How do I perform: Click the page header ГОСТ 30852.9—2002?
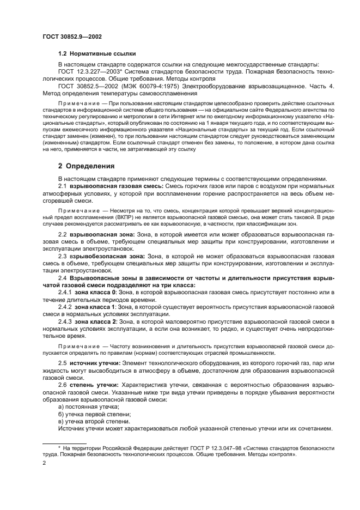[72, 37]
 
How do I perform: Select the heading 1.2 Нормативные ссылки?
[97, 54]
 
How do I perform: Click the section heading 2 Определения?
[86, 166]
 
